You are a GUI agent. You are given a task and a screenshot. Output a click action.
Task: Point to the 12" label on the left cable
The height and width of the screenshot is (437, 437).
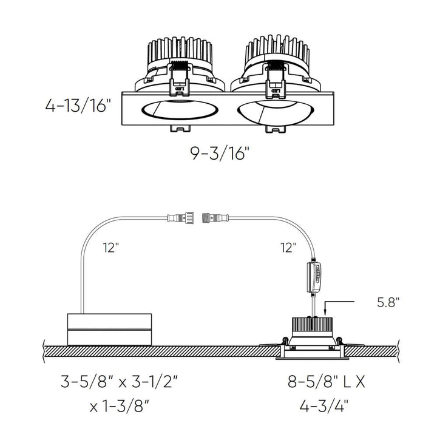111,248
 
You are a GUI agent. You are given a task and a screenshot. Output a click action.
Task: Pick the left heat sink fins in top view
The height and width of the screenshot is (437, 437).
177,52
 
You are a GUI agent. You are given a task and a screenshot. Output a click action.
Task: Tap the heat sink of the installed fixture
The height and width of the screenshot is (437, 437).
313,324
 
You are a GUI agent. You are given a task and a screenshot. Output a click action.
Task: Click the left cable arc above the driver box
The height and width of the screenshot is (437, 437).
91,243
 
